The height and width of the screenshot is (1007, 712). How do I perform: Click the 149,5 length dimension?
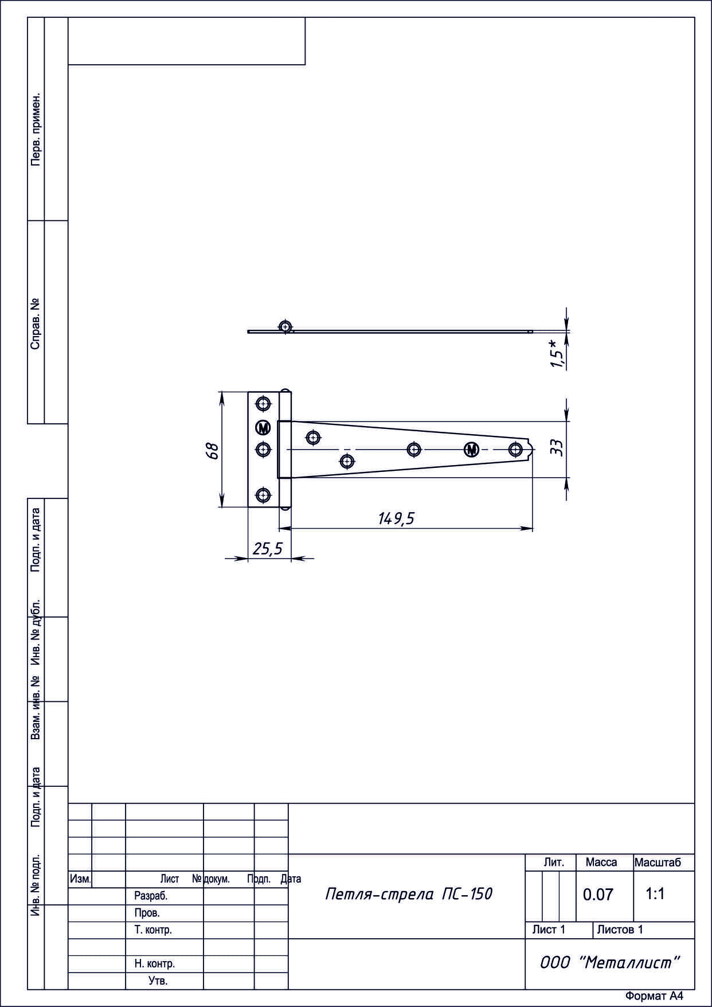(396, 518)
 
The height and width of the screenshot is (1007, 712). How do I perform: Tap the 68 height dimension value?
(213, 450)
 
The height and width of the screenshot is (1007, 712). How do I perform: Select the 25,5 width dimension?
(268, 549)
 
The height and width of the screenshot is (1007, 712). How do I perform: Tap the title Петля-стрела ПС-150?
(409, 894)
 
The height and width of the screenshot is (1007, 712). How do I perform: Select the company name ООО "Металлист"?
(610, 963)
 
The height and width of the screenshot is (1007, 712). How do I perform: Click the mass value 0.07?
(598, 895)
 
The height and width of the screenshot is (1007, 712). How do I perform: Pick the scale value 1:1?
(655, 893)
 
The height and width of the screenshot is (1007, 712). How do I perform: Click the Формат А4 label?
(654, 996)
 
